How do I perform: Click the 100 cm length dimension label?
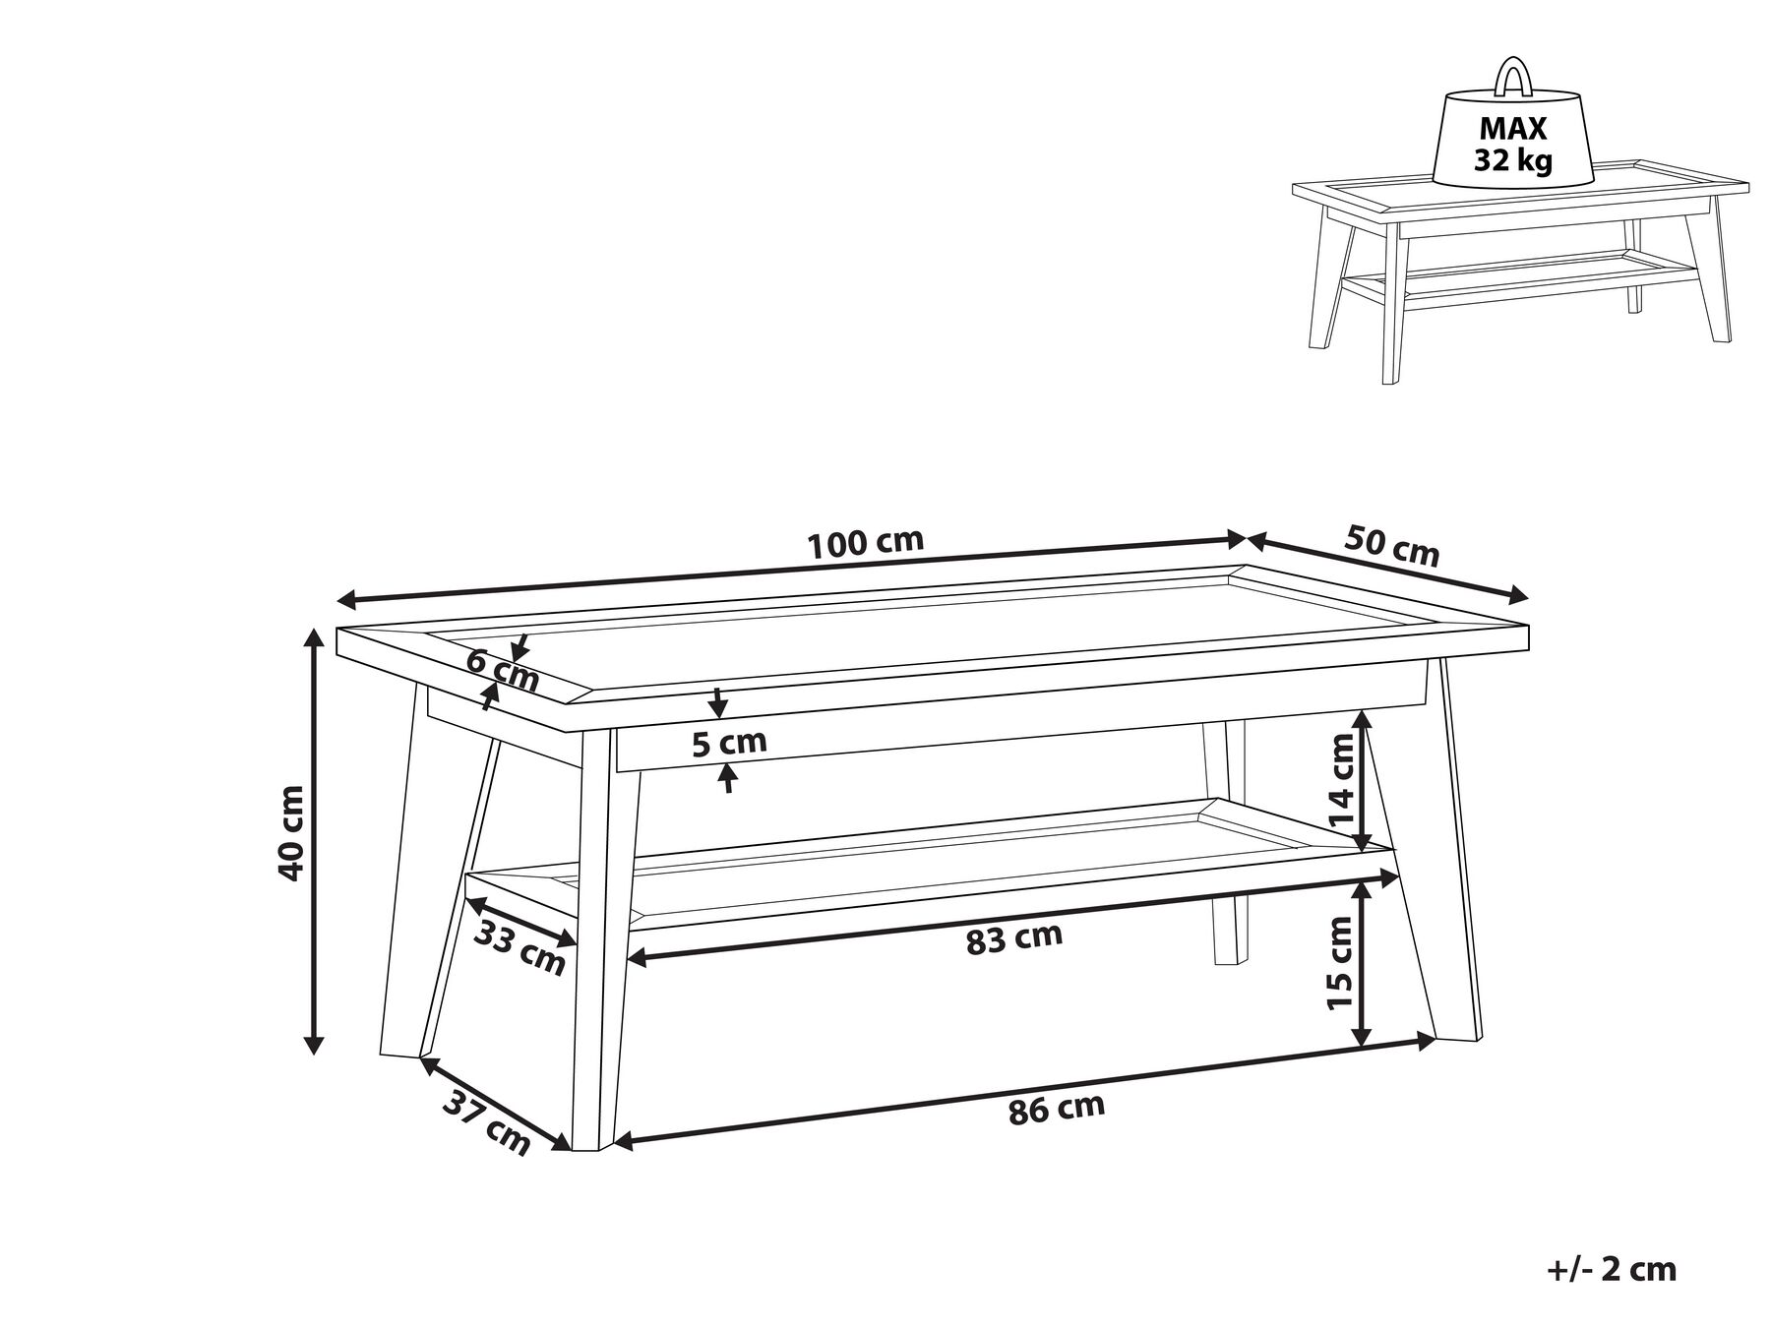[x=865, y=542]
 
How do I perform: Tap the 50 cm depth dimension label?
[x=1391, y=546]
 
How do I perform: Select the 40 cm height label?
[x=292, y=832]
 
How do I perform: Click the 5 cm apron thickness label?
[x=728, y=743]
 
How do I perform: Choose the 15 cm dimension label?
[x=1341, y=962]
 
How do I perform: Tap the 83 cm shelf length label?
[x=1014, y=937]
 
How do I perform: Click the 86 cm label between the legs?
[x=1057, y=1109]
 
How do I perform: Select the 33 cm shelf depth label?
[x=519, y=946]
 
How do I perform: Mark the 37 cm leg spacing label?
[x=486, y=1122]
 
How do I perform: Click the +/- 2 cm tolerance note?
[x=1611, y=1269]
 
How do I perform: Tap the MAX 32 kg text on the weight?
[x=1513, y=144]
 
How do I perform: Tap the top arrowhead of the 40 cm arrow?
[x=314, y=640]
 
